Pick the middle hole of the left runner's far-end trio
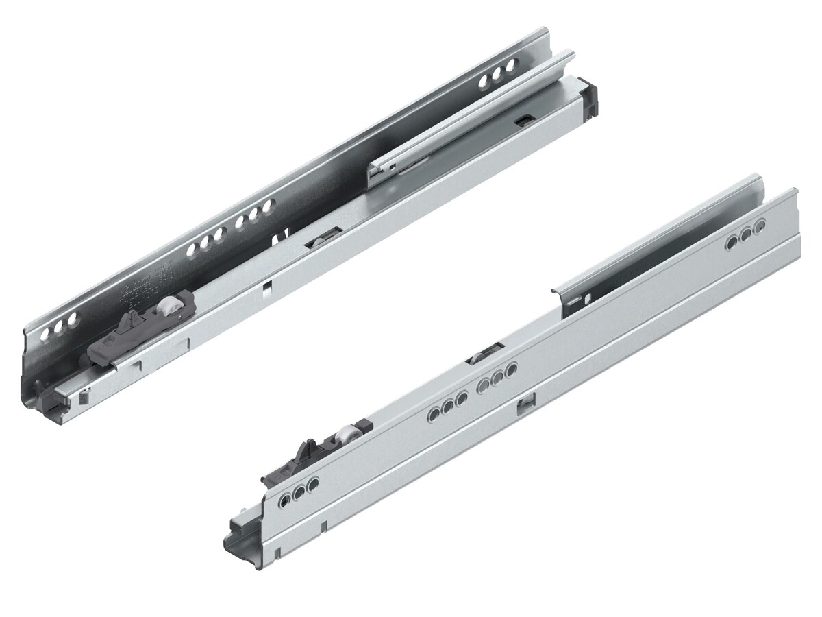tap(497, 73)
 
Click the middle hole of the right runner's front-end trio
tap(298, 492)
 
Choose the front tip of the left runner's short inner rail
tap(373, 177)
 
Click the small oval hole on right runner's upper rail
tap(586, 300)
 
